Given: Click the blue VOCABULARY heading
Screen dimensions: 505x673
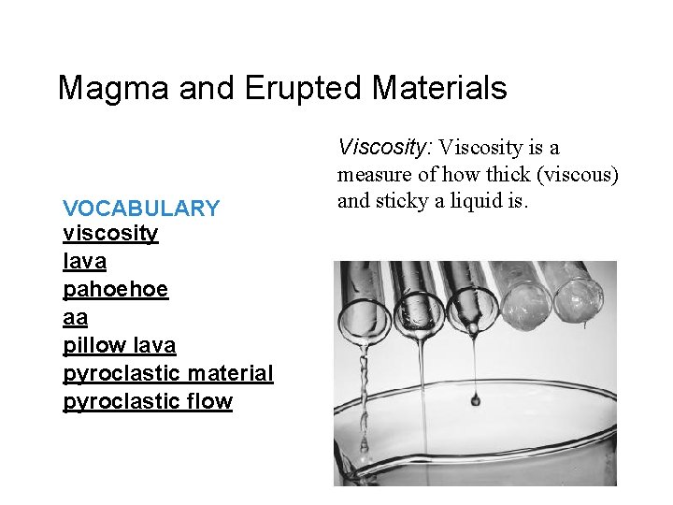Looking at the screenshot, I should pos(141,209).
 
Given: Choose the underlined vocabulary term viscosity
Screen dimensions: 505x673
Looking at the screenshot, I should pos(110,233).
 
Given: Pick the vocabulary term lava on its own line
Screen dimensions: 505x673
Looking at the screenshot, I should pos(84,261).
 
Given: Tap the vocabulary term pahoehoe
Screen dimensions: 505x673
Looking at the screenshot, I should pos(115,289).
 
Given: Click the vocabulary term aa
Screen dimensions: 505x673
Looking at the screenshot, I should pos(75,317).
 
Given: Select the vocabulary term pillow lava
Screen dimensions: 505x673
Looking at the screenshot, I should pos(119,345).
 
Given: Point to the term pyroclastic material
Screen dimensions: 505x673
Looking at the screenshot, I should pos(167,373).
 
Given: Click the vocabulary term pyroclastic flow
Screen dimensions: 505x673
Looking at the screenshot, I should pos(147,401).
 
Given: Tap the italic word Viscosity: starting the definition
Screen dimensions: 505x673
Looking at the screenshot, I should pos(385,147).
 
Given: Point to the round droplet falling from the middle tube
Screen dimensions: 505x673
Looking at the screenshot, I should pos(475,399).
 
